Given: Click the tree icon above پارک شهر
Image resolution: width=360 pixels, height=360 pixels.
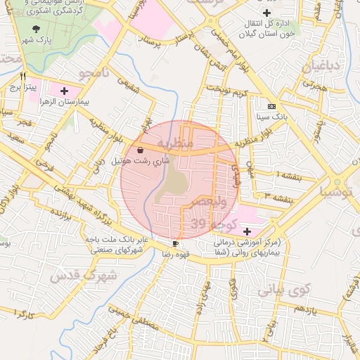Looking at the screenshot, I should (36, 29).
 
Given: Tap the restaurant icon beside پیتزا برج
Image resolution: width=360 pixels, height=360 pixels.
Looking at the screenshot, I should (23, 76).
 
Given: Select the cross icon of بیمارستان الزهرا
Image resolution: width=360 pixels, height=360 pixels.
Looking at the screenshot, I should (65, 91).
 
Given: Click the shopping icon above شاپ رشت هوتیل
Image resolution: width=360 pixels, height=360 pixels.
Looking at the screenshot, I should (141, 150).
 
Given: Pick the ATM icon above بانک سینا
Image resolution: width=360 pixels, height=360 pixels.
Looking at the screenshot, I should (271, 105).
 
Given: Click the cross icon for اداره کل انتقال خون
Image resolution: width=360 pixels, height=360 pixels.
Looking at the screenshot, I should (266, 13).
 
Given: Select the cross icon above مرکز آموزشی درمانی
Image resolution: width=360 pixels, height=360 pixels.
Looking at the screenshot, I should (247, 231).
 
